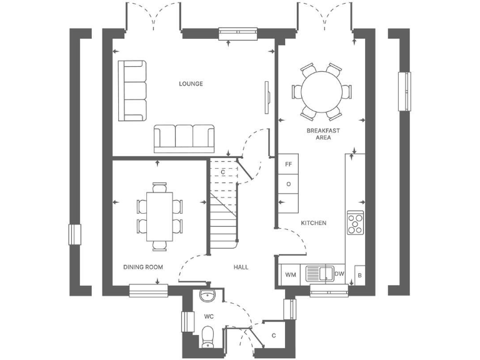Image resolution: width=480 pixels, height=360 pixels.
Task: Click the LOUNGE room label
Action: pyautogui.click(x=191, y=84)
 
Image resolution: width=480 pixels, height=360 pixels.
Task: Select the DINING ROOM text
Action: pyautogui.click(x=143, y=267)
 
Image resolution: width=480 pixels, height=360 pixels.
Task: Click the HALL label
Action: pyautogui.click(x=241, y=267)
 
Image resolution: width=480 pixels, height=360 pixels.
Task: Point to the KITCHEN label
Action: pyautogui.click(x=314, y=222)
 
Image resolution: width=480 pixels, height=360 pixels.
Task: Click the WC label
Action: pyautogui.click(x=209, y=316)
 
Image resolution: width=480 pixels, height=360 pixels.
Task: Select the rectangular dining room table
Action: pyautogui.click(x=160, y=216)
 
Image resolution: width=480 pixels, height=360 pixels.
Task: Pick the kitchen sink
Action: pyautogui.click(x=319, y=274)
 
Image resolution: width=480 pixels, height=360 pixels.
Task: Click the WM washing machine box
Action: pyautogui.click(x=291, y=274)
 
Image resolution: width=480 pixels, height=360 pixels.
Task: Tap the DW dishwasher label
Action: pyautogui.click(x=339, y=274)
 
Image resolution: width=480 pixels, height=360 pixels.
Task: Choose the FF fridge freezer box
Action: pyautogui.click(x=289, y=164)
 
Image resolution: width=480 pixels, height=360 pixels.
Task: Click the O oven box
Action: pyautogui.click(x=289, y=184)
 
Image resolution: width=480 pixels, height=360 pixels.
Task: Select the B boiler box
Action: pyautogui.click(x=359, y=274)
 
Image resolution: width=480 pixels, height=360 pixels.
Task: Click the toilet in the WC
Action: pyautogui.click(x=207, y=337)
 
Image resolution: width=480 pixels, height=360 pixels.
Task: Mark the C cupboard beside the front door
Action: pyautogui.click(x=274, y=336)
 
